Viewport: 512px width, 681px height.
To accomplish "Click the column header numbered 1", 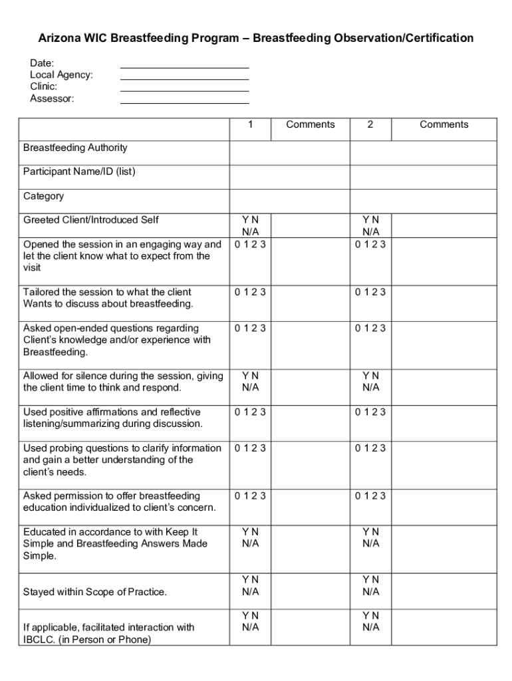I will pos(250,125).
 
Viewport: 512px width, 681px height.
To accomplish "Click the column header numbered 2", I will pos(370,125).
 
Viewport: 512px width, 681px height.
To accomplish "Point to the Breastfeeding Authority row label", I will pos(75,148).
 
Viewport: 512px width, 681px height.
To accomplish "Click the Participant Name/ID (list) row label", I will pos(79,172).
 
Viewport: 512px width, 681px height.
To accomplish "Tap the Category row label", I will pos(43,196).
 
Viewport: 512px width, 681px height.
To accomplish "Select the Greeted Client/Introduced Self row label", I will pos(91,220).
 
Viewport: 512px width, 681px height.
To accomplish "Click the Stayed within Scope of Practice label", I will pos(95,592).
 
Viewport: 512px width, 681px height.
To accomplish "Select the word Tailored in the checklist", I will pos(41,292).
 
